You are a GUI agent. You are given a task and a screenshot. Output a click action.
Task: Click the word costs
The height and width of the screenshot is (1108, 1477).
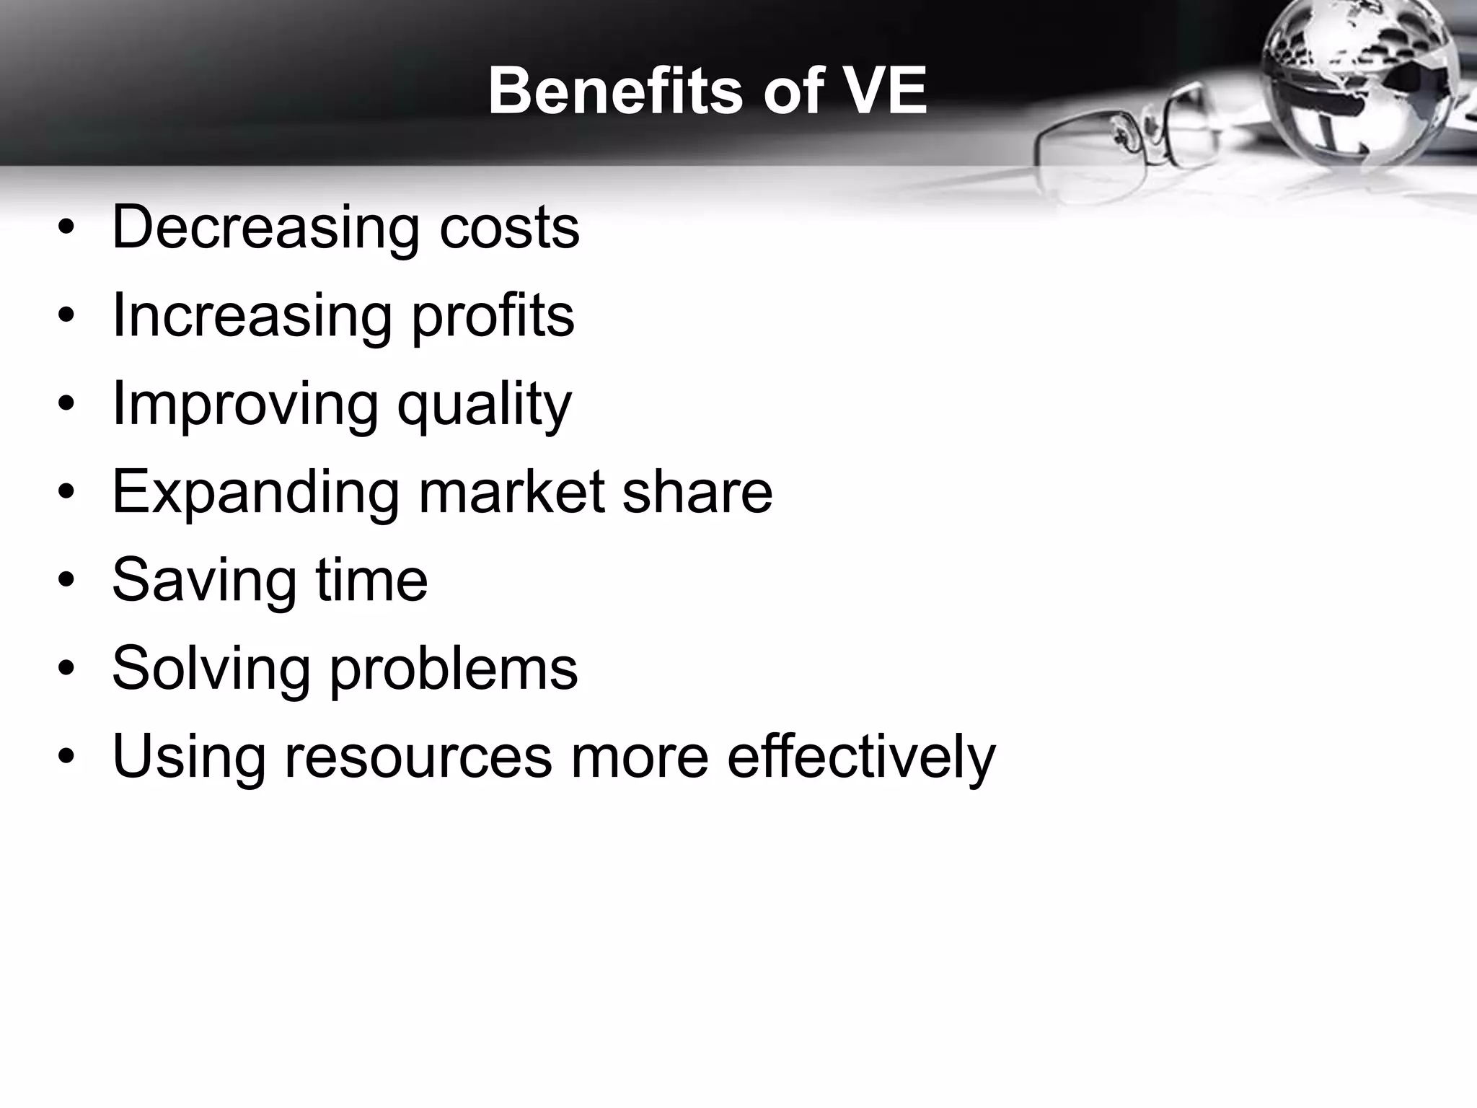coord(509,228)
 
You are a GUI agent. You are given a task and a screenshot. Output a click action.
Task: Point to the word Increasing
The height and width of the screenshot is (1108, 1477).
coord(252,316)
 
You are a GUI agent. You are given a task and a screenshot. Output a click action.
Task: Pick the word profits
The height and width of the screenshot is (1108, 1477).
coord(493,316)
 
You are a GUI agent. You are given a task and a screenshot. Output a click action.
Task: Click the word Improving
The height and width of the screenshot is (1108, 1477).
coord(244,404)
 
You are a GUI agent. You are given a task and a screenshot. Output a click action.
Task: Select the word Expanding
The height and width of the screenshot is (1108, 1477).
coord(255,493)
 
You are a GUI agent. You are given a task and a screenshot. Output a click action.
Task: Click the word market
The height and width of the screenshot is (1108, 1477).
coord(512,493)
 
